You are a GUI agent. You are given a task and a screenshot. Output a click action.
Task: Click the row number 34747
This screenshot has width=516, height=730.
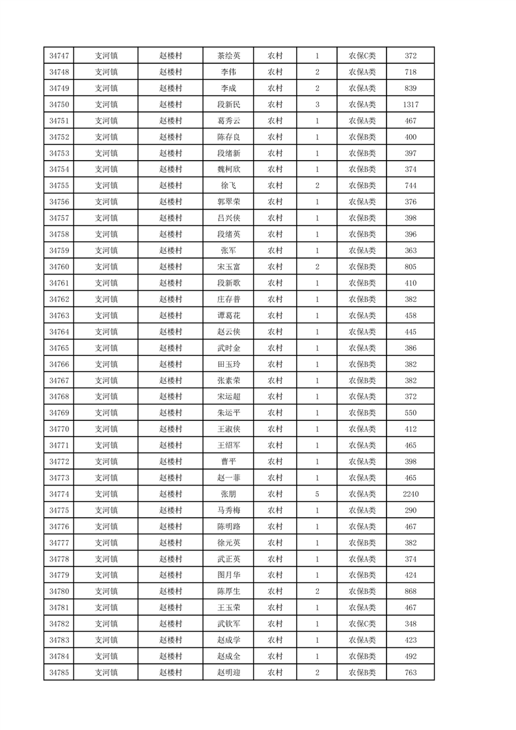click(x=59, y=56)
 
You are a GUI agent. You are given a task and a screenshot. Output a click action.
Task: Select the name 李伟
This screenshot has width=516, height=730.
click(x=228, y=72)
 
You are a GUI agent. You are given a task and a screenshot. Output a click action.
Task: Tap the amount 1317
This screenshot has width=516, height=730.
click(x=410, y=105)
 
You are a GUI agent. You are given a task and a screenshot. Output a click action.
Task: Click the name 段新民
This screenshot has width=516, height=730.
click(x=228, y=105)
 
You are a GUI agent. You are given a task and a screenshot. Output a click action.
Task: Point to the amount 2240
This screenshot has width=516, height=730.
click(x=410, y=494)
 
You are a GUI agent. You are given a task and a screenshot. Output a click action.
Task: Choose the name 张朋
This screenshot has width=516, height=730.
click(x=228, y=494)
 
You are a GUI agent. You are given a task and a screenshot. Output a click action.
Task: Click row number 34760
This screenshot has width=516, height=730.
click(x=59, y=267)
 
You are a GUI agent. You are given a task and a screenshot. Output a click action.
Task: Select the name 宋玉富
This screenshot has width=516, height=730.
click(x=228, y=267)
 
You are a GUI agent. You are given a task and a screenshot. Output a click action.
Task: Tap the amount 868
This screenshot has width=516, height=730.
click(x=410, y=591)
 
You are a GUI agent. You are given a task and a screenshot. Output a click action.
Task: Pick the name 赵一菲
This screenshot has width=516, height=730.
click(x=228, y=478)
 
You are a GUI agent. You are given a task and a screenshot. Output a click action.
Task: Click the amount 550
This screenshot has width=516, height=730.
click(x=410, y=413)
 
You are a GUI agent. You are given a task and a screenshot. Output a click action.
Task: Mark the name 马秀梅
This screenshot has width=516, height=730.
click(x=228, y=511)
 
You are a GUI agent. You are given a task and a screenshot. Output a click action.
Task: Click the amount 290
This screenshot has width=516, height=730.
click(x=410, y=511)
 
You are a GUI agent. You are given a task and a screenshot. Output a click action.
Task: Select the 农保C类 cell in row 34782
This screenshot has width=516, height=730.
click(x=362, y=624)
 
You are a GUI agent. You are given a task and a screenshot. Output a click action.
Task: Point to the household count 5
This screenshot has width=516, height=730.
click(x=317, y=494)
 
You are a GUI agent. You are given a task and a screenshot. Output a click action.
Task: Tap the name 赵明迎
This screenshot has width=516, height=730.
click(x=228, y=673)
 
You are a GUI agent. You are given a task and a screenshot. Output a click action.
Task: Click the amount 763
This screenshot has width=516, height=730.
click(x=410, y=673)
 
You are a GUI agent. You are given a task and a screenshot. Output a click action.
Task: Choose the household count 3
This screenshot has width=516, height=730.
click(x=317, y=105)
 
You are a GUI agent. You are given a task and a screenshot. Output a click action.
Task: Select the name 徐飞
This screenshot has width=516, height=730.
click(x=228, y=186)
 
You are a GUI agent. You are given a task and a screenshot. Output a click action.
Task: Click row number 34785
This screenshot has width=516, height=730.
click(x=59, y=673)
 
